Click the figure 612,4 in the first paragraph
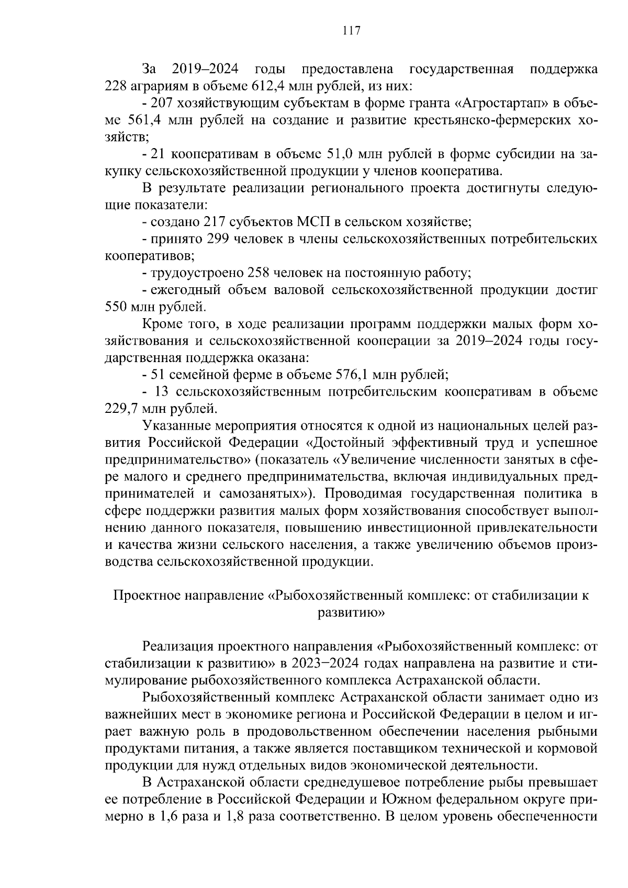[x=270, y=86]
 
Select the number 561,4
[x=147, y=120]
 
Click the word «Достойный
[x=343, y=443]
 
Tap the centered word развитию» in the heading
[x=351, y=613]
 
